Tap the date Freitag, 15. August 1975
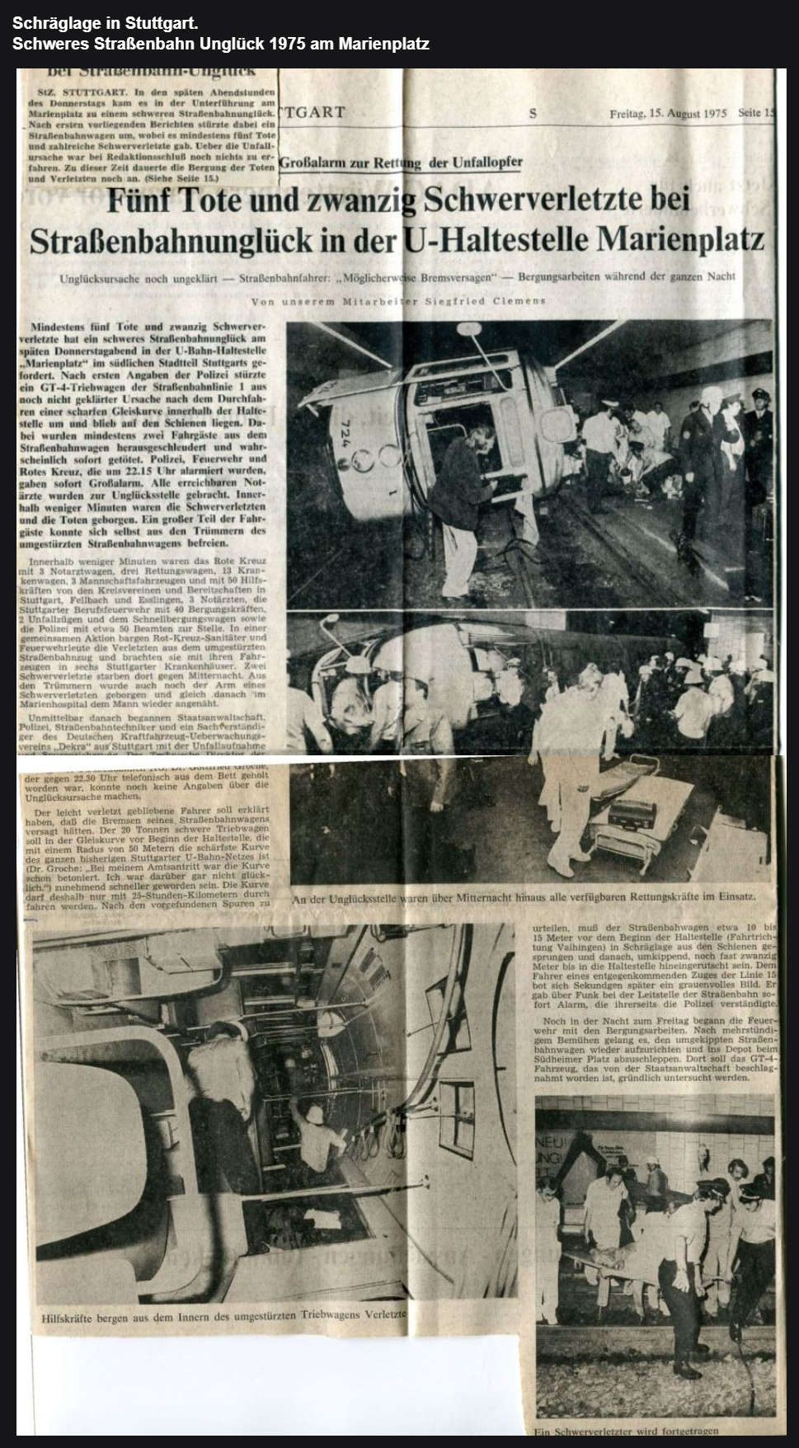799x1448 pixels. coord(668,114)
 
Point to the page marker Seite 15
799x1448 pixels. coord(757,114)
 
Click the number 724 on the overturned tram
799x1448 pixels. coord(344,434)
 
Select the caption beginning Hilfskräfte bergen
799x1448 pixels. coord(223,1317)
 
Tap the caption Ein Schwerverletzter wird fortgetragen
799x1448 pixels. coord(627,1431)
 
